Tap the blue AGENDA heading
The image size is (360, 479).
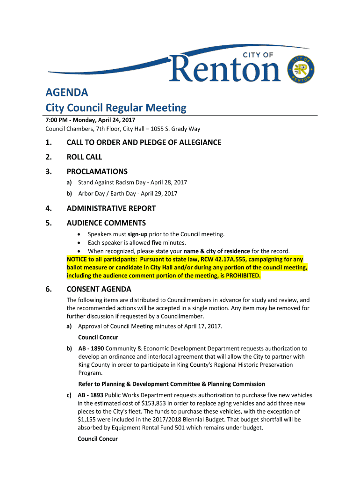66,92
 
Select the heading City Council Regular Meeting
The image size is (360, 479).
115,108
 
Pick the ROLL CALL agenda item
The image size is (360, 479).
84,157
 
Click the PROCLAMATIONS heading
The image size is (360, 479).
97,172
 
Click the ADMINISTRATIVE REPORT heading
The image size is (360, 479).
111,209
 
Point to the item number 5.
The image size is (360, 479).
49,223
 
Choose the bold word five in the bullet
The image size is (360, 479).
157,242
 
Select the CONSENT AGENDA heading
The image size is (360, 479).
99,289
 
